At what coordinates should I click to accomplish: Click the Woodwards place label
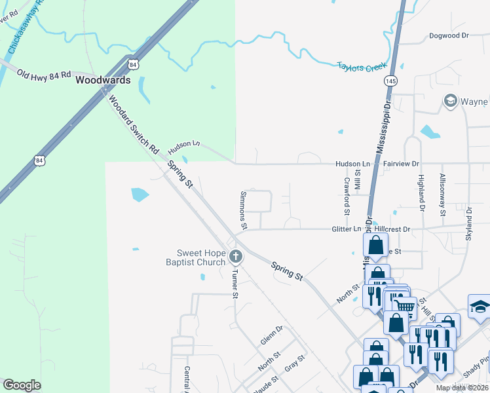103,81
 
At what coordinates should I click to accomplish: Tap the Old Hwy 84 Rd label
43,74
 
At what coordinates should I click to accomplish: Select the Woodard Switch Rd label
134,124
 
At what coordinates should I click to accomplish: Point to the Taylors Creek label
363,67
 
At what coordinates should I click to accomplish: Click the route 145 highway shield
391,80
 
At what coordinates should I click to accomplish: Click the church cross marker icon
236,257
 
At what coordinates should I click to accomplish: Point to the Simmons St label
243,210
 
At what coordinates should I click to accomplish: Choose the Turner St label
234,283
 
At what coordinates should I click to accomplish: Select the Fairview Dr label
401,163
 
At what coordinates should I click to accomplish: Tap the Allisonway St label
443,195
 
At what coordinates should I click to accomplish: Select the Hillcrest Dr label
392,229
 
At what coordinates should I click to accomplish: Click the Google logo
22,385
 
